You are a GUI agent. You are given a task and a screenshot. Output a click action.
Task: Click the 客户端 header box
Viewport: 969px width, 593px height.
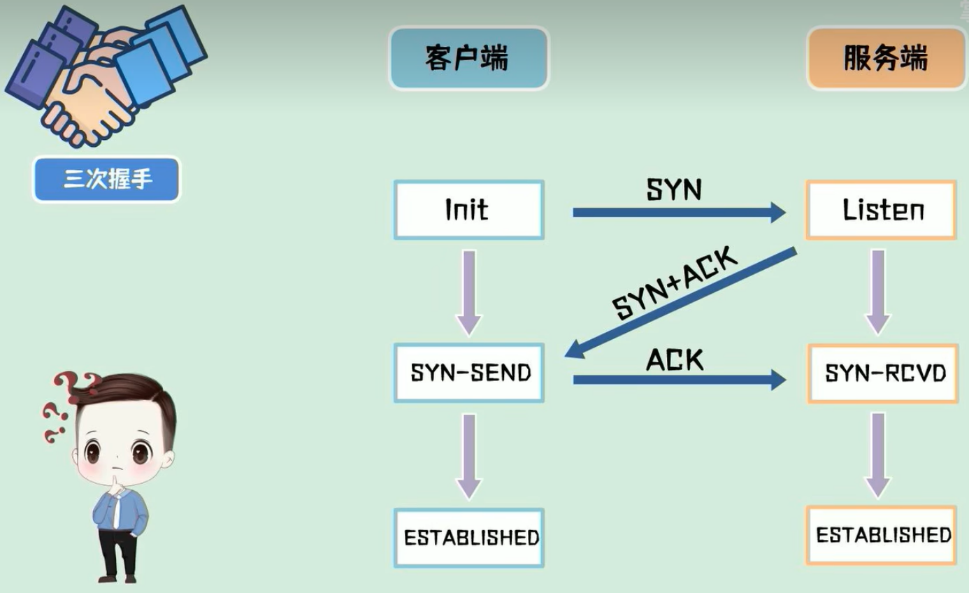tap(468, 59)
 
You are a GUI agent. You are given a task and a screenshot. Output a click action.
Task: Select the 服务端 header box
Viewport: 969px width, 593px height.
tap(886, 59)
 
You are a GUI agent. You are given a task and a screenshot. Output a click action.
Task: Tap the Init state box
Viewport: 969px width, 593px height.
tap(468, 210)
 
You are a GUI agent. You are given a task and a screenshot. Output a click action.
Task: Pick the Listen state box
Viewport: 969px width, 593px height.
tap(882, 210)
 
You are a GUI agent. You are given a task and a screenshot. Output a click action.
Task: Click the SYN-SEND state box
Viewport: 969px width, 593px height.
tap(468, 372)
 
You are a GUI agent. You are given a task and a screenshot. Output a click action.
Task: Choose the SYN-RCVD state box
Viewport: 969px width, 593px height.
tap(882, 373)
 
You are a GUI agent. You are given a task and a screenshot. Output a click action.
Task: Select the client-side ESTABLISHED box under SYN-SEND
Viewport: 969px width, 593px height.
tap(468, 537)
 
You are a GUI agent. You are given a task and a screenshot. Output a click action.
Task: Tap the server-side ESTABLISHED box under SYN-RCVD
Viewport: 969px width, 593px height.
tap(882, 536)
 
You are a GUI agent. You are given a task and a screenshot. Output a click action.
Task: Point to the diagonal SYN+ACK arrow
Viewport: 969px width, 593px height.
tap(682, 301)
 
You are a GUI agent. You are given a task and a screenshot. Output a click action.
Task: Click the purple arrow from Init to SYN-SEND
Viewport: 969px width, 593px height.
tap(469, 291)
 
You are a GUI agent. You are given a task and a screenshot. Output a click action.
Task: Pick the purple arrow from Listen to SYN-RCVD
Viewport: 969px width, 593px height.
tap(878, 291)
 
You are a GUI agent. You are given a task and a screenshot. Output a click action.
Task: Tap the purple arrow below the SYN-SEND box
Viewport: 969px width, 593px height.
tap(469, 455)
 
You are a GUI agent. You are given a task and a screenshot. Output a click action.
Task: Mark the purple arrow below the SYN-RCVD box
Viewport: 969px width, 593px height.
tap(878, 455)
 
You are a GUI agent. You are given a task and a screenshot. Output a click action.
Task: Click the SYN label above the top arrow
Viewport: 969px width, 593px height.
tap(673, 189)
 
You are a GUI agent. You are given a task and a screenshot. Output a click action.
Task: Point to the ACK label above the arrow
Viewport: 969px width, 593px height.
tap(674, 359)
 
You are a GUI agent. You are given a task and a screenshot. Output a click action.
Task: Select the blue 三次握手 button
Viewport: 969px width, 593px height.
tap(106, 180)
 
